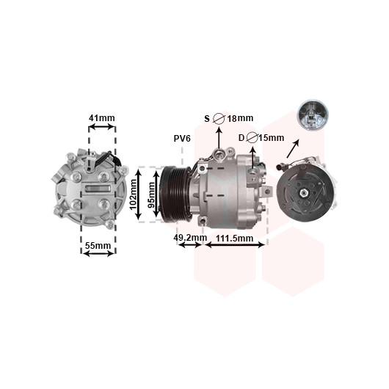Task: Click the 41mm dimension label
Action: click(x=102, y=118)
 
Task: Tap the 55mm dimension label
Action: click(x=98, y=246)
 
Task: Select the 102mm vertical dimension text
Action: click(x=134, y=194)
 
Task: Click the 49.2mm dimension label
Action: click(x=190, y=237)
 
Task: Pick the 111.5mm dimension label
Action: click(x=234, y=239)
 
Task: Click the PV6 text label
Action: click(x=182, y=139)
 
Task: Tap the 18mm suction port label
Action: click(x=240, y=118)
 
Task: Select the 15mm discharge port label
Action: click(x=272, y=137)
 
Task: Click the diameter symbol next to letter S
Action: click(x=219, y=119)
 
